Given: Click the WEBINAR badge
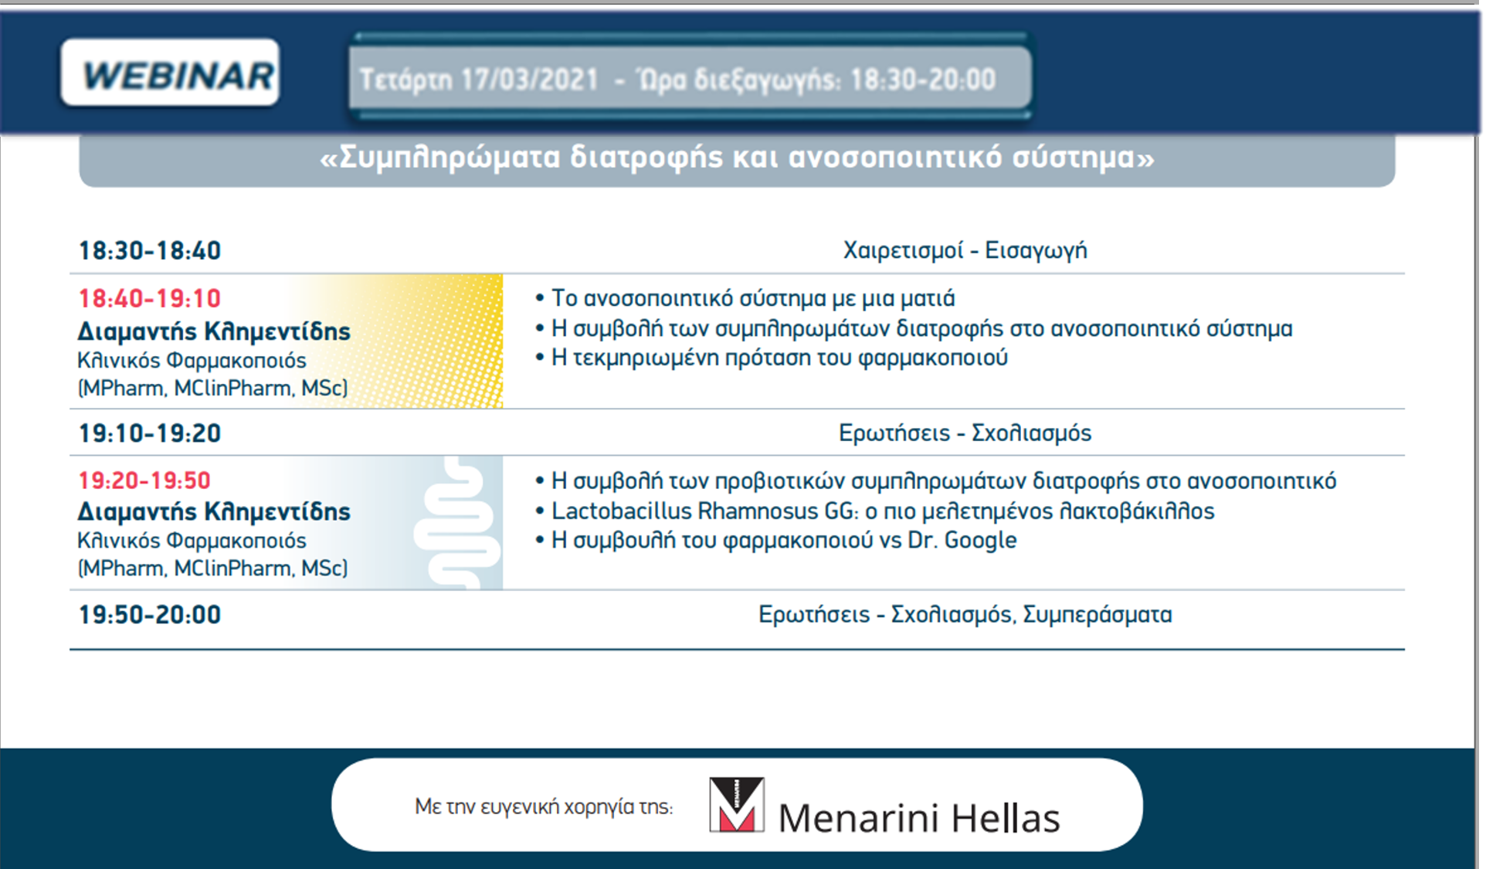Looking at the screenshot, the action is (x=170, y=73).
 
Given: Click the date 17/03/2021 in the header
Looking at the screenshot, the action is (x=530, y=80).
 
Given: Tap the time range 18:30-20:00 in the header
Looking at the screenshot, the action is (x=923, y=80).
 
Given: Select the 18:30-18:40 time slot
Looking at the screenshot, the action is (x=150, y=251).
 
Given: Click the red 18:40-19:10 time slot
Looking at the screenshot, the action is (x=150, y=298).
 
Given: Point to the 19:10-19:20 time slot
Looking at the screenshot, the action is (x=150, y=433).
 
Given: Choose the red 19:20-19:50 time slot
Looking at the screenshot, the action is (x=144, y=480).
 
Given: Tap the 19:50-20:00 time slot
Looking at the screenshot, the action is (x=150, y=615).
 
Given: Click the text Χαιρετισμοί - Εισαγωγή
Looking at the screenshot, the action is (x=965, y=250).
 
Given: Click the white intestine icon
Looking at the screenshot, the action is (x=457, y=523).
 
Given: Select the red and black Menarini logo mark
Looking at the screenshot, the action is (x=737, y=805).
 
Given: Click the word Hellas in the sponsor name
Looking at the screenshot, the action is (x=1006, y=818).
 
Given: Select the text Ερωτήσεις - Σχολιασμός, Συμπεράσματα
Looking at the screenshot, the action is (x=965, y=615).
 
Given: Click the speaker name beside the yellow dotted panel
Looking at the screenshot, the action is (x=214, y=331).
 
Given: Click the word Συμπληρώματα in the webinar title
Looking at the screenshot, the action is (x=450, y=158).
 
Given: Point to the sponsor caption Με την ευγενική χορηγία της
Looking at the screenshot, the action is (x=544, y=807).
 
